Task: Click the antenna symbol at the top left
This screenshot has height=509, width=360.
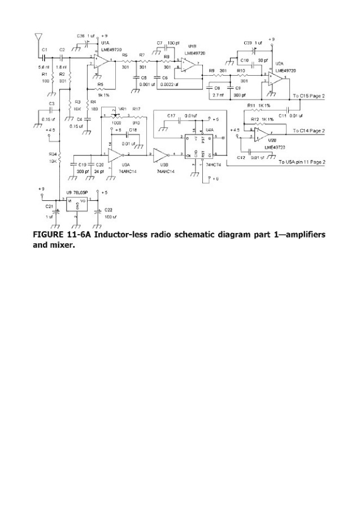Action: point(38,38)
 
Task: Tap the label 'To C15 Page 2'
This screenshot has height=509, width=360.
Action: point(309,97)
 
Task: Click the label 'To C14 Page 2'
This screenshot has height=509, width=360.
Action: point(309,131)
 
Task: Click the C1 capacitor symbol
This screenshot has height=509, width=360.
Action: point(44,57)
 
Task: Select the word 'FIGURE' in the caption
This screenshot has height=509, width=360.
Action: point(49,234)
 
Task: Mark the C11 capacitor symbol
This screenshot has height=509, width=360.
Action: point(288,108)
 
